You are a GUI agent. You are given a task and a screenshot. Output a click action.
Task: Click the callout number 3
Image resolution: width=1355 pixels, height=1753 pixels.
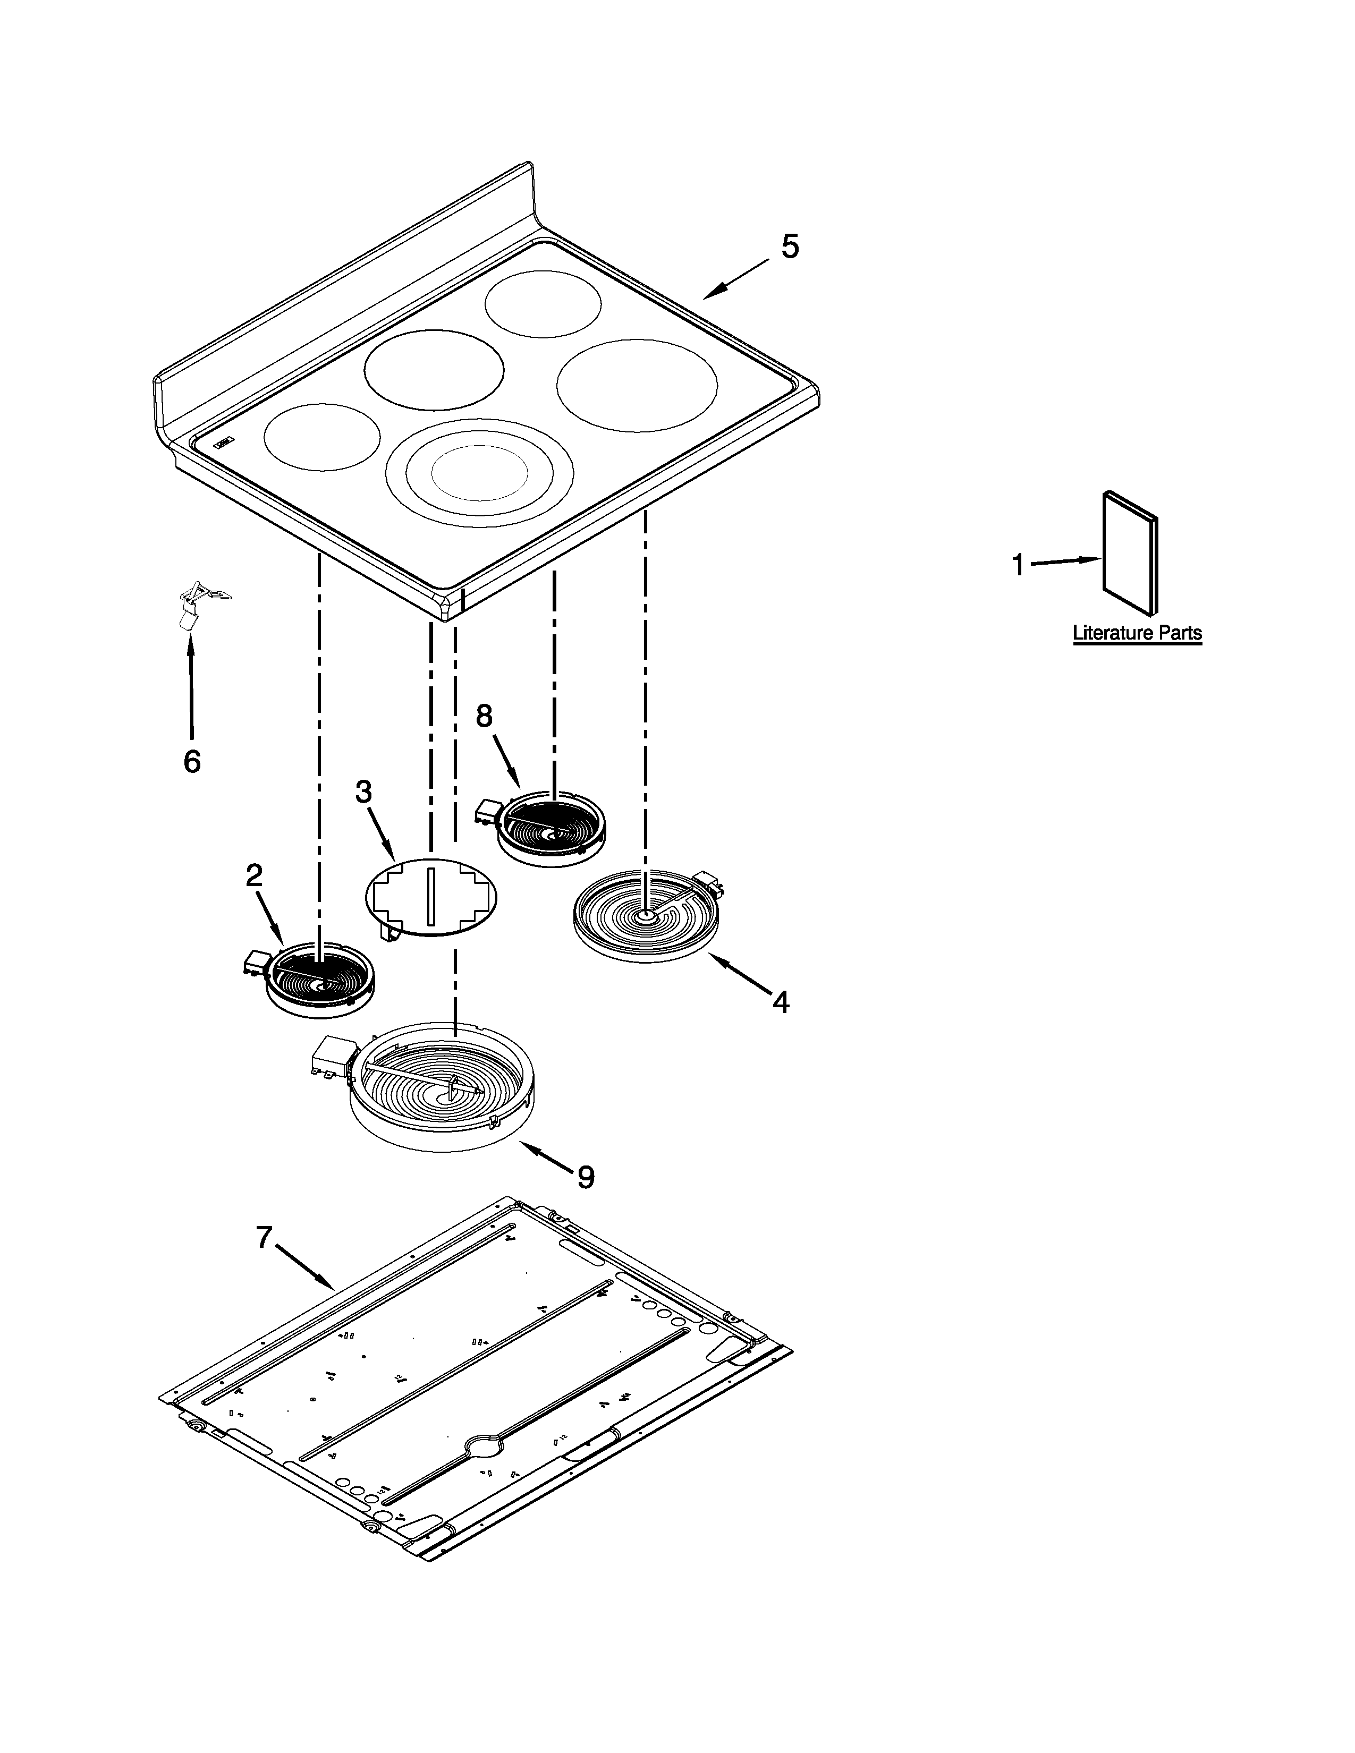point(363,792)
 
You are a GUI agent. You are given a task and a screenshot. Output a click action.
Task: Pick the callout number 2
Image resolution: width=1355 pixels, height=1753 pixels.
point(253,875)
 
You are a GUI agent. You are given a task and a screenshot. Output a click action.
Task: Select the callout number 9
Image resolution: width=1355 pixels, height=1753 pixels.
point(586,1178)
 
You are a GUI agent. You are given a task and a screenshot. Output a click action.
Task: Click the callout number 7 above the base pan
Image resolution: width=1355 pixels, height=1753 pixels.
point(264,1238)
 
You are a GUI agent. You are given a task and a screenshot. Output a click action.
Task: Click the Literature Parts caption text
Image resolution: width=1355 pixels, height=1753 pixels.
point(1138,633)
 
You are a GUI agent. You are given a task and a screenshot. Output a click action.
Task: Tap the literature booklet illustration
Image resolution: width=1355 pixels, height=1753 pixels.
point(1130,551)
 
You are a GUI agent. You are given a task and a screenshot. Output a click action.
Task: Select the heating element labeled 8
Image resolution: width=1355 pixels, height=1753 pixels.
point(544,828)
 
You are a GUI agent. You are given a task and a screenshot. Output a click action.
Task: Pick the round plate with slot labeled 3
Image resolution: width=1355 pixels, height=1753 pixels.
point(431,897)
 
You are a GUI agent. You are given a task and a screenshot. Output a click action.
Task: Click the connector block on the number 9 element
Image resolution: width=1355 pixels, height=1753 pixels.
point(331,1056)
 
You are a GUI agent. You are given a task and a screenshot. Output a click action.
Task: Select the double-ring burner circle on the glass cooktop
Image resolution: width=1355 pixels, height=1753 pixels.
point(479,473)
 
